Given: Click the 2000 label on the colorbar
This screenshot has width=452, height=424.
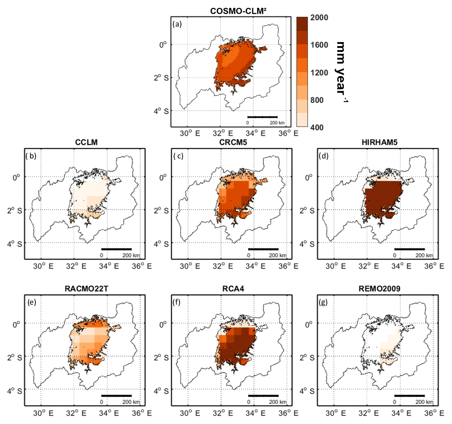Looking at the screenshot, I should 319,18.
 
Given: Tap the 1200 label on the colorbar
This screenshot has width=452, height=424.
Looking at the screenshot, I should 319,73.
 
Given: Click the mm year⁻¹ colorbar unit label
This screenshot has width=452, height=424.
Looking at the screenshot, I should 342,71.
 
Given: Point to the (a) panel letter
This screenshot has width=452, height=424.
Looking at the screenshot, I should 177,24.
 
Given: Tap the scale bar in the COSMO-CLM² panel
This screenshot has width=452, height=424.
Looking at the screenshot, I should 262,117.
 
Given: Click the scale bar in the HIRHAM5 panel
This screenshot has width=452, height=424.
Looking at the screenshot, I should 409,249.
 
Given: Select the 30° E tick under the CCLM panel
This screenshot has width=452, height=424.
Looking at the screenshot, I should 41,265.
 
